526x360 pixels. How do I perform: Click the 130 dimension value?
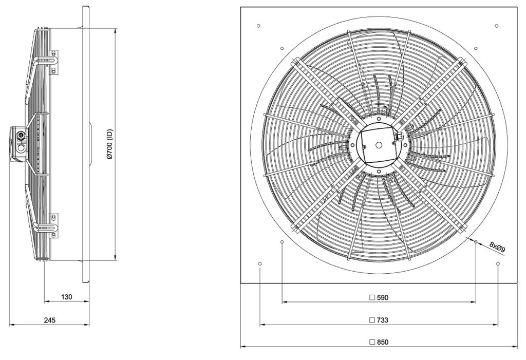point(66,297)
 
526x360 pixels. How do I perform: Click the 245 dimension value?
point(49,320)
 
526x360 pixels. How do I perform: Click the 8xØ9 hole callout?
point(497,248)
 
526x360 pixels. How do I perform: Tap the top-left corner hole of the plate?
point(258,26)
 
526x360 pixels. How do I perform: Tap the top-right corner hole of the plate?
point(497,26)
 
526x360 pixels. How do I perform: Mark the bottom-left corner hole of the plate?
point(259,264)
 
